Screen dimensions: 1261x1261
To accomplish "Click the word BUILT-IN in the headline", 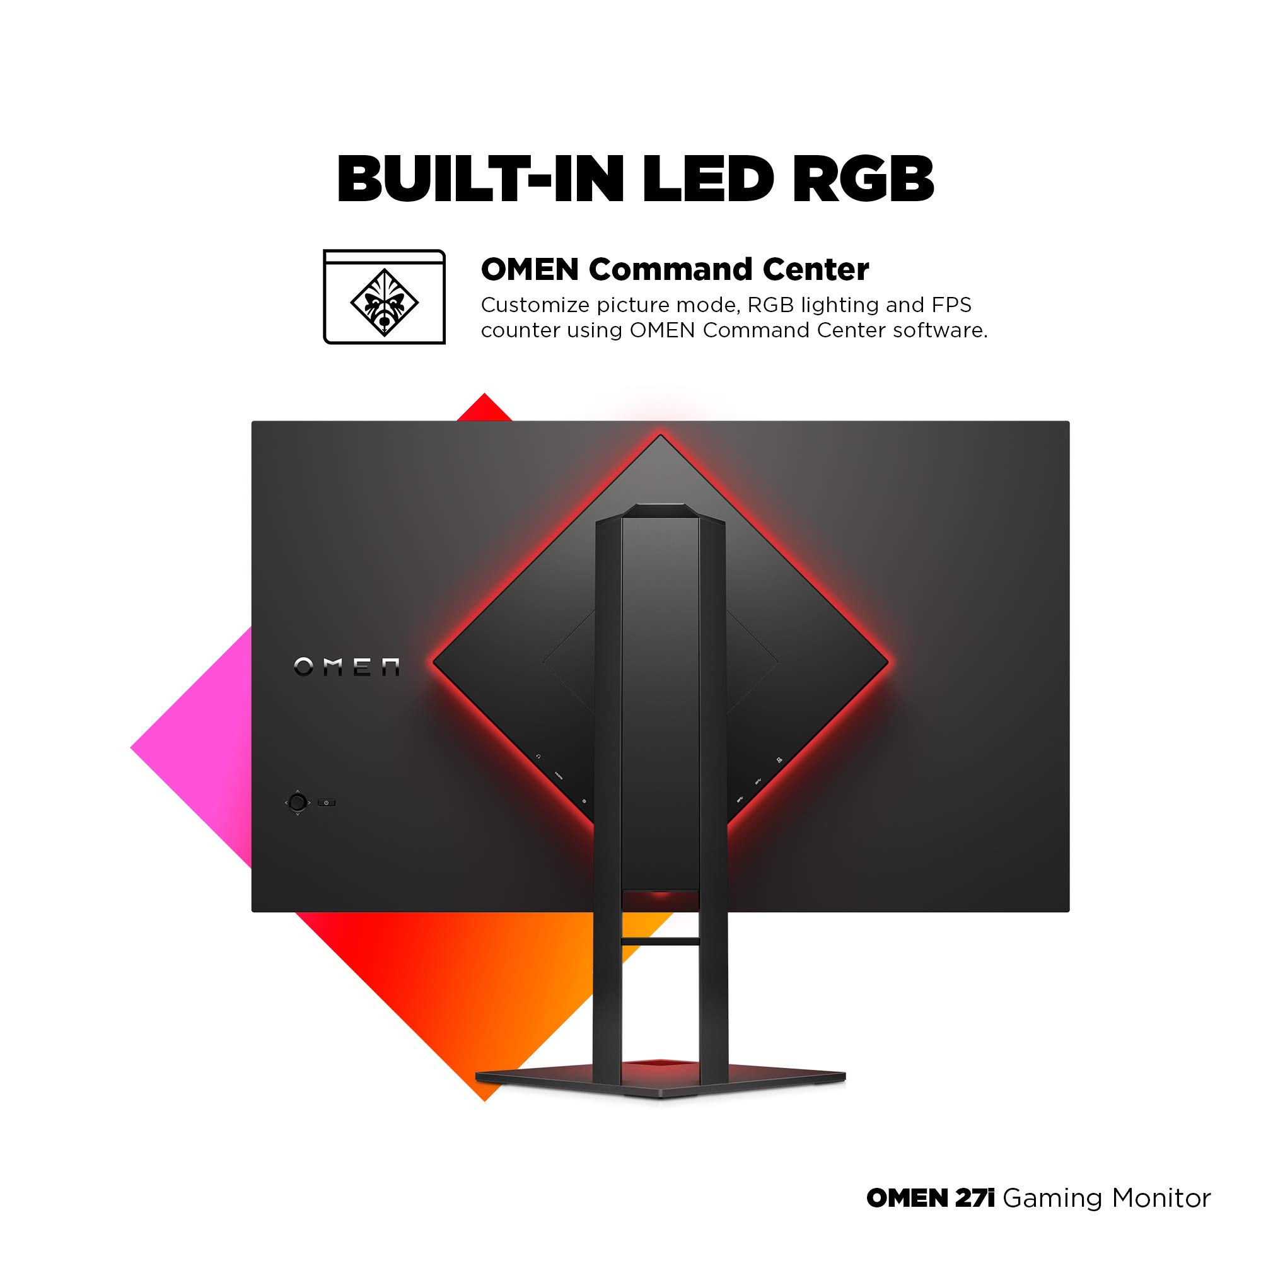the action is coord(480,179).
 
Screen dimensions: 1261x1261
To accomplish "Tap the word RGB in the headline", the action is coord(863,179).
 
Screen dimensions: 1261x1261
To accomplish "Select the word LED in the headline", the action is coord(708,179).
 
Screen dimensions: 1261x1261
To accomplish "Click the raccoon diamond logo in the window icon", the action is coord(385,303).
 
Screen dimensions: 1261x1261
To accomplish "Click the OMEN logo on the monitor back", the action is coord(347,666).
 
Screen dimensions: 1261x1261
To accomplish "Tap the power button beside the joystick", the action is coord(327,802).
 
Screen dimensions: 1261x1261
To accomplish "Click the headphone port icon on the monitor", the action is coord(538,757).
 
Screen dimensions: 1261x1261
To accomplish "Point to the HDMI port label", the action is coord(559,776).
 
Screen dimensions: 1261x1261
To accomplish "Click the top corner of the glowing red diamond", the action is coord(661,434).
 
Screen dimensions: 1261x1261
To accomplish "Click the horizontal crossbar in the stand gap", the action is coord(661,941).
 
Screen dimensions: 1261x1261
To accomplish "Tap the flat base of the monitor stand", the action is coord(661,1082).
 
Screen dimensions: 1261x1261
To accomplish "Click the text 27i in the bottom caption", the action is coord(975,1198).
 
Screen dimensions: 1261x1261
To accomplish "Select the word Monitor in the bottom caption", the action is coord(1161,1198).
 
